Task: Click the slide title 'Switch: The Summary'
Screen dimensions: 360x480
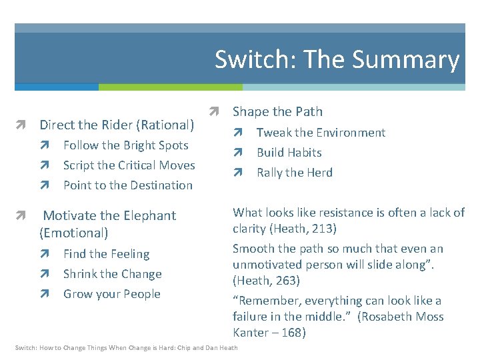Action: (337, 59)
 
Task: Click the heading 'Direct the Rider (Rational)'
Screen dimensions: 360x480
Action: (117, 125)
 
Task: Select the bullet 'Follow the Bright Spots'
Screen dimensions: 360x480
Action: (125, 145)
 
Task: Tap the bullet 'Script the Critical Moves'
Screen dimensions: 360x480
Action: (129, 165)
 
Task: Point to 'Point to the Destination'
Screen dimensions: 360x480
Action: (127, 185)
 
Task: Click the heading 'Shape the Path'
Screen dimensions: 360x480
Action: (277, 111)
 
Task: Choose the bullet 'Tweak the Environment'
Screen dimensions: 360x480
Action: (321, 133)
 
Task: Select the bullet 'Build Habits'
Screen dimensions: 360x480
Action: (289, 153)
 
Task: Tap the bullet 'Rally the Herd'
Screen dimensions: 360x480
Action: (294, 173)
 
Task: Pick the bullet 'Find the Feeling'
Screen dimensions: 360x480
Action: (106, 254)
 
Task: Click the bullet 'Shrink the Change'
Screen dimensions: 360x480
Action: (112, 274)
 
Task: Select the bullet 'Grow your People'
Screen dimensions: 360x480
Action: (111, 294)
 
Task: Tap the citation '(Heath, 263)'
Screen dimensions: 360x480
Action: (267, 281)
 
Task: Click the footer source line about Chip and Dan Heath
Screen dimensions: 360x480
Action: (126, 348)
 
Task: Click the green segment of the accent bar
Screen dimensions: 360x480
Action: (170, 87)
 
